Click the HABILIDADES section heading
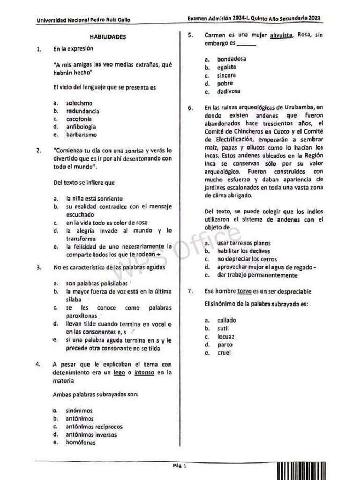pos(107,37)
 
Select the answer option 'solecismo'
pos(79,103)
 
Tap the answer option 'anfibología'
pos(81,127)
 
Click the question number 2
pos(38,150)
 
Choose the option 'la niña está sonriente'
pos(94,198)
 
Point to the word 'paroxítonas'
pos(82,316)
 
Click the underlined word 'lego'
pos(119,373)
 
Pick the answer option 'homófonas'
pos(81,442)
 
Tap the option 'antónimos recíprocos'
pos(94,427)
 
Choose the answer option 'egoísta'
pos(226,67)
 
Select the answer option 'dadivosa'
pos(229,91)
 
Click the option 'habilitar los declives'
pos(244,251)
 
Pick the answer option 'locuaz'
pos(225,337)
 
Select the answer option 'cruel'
pos(224,352)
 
